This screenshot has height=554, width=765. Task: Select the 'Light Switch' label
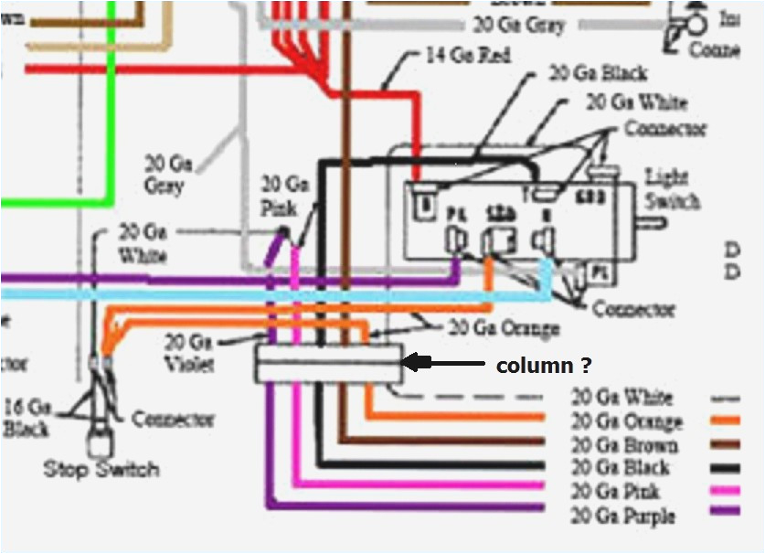(673, 189)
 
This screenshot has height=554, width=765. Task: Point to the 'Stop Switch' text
(101, 470)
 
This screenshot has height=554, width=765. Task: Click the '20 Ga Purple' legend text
(622, 517)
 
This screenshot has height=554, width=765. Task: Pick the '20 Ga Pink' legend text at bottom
(617, 493)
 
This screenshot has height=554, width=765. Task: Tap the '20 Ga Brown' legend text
(624, 445)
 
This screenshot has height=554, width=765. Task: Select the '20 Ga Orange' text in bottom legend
(626, 421)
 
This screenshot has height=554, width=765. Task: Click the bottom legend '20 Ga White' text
(622, 398)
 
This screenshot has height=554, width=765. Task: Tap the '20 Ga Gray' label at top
(519, 25)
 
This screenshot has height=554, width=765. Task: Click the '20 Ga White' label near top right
(635, 101)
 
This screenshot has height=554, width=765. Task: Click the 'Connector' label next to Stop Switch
(173, 420)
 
